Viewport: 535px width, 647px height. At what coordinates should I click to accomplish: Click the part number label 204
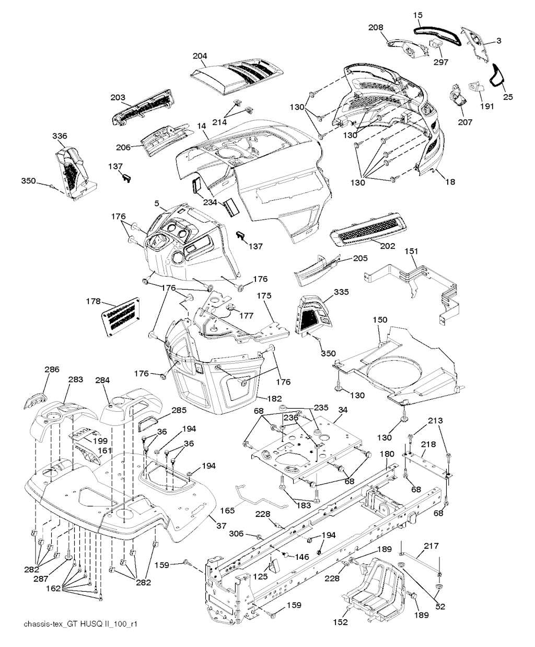pyautogui.click(x=200, y=56)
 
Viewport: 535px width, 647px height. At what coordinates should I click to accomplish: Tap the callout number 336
pyautogui.click(x=60, y=136)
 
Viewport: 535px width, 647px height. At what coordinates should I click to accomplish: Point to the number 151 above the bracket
pyautogui.click(x=412, y=251)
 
